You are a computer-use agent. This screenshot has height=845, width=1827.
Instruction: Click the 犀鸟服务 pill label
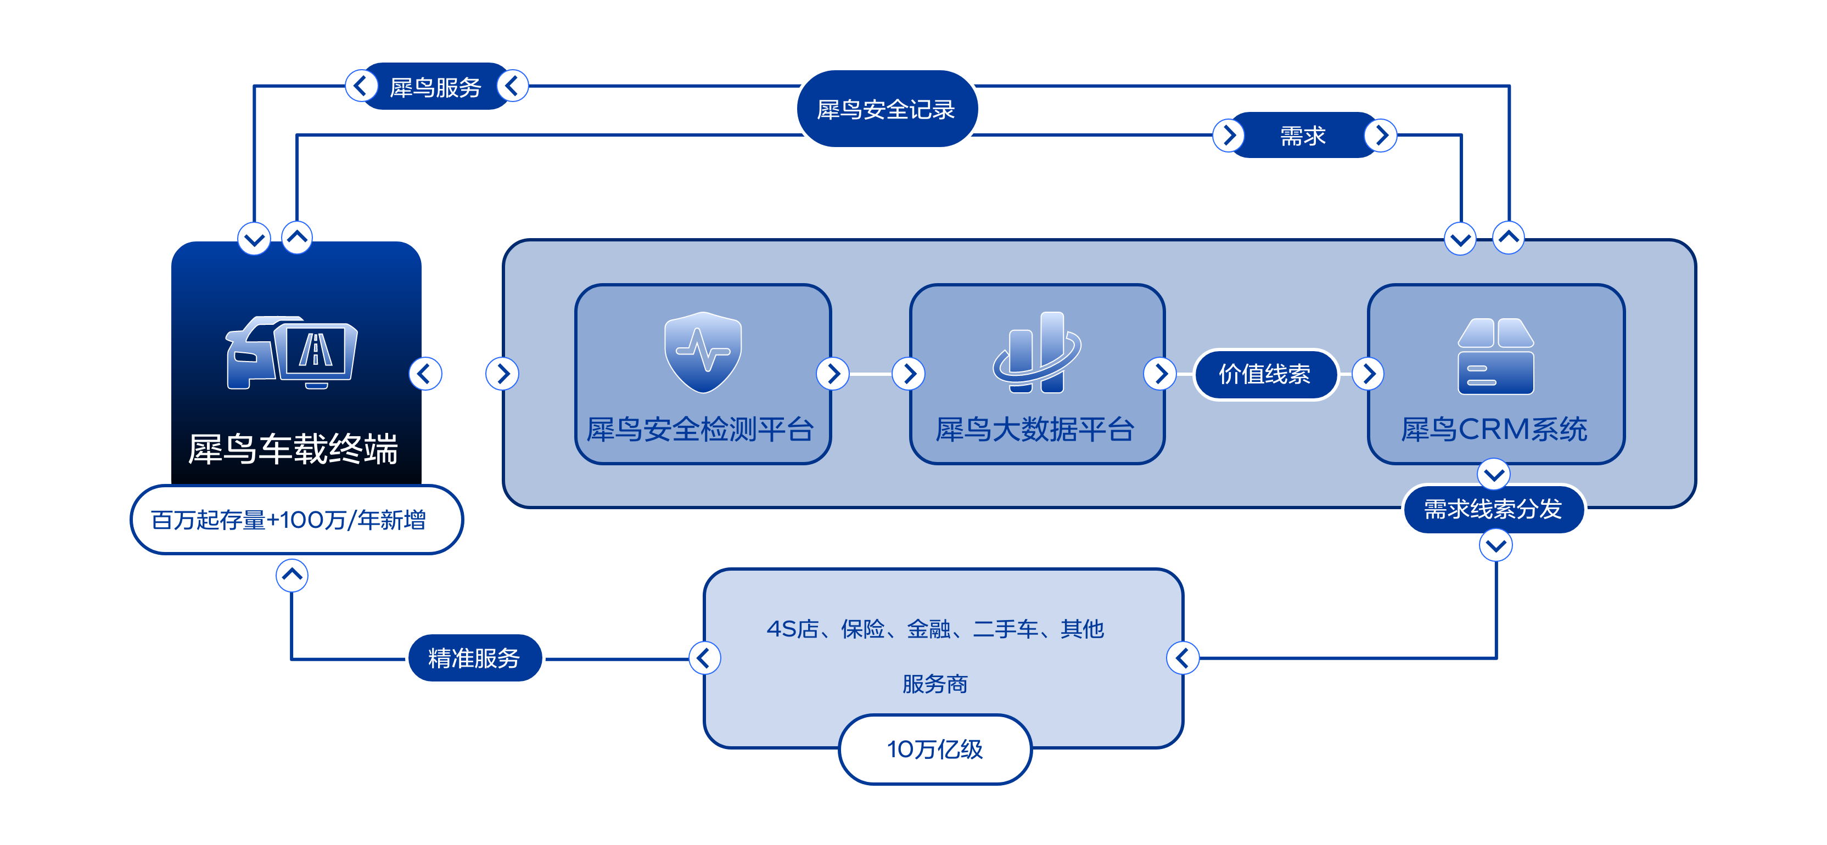click(435, 87)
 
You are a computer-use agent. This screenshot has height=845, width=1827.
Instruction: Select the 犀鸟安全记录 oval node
click(887, 109)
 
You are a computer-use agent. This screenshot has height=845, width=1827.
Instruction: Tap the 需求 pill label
click(1303, 136)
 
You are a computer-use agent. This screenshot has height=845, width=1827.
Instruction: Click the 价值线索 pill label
click(1265, 374)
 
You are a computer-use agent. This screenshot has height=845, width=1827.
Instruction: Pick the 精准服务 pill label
click(474, 658)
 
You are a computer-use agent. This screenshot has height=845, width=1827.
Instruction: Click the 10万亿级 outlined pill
click(935, 750)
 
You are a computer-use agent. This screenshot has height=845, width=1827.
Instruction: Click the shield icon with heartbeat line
click(702, 352)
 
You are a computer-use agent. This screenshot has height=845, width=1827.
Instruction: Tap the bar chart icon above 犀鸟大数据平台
click(1037, 352)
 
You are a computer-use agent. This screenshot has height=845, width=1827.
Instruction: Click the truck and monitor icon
click(292, 352)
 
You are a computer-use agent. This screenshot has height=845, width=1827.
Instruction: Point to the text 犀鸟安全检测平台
click(700, 430)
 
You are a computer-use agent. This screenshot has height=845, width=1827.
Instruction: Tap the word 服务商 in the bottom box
click(935, 684)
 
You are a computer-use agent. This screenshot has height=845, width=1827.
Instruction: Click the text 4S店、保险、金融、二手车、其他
click(935, 629)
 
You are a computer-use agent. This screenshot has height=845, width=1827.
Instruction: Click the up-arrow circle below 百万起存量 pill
click(292, 575)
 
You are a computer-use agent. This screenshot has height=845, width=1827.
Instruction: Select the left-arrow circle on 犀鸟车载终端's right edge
click(425, 374)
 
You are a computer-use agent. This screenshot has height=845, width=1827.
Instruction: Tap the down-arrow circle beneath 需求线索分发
click(1496, 546)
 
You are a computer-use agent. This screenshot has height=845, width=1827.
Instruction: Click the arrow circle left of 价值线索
click(1161, 374)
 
